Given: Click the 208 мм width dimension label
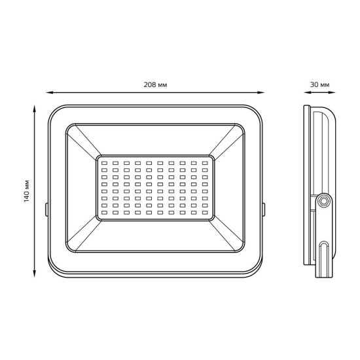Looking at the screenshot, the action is (155, 85).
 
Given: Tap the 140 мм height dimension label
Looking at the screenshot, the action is (27, 191).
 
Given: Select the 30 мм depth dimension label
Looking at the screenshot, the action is (319, 85).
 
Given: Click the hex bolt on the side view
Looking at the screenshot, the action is (324, 202).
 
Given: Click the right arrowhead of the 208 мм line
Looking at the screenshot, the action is (261, 92).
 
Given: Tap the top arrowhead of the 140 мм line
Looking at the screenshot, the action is (35, 109).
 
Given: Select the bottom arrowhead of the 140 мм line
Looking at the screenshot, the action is (35, 274).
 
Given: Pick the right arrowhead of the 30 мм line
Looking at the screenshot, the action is (332, 92).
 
